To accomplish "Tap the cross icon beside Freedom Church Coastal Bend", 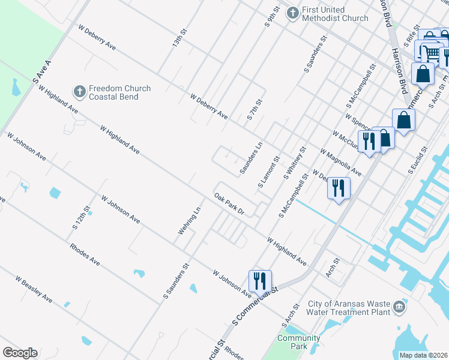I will click(x=79, y=92).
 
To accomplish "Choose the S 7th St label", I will click(x=255, y=110).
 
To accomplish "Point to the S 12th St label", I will click(x=82, y=218).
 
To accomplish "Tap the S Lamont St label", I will click(x=269, y=173).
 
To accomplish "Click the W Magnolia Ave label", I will click(x=340, y=163).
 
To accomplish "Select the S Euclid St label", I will click(x=418, y=160).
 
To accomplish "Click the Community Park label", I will click(x=298, y=342).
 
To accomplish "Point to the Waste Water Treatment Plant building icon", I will click(x=399, y=308).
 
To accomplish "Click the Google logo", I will click(x=20, y=353).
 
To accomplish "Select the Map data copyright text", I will click(x=423, y=355).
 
